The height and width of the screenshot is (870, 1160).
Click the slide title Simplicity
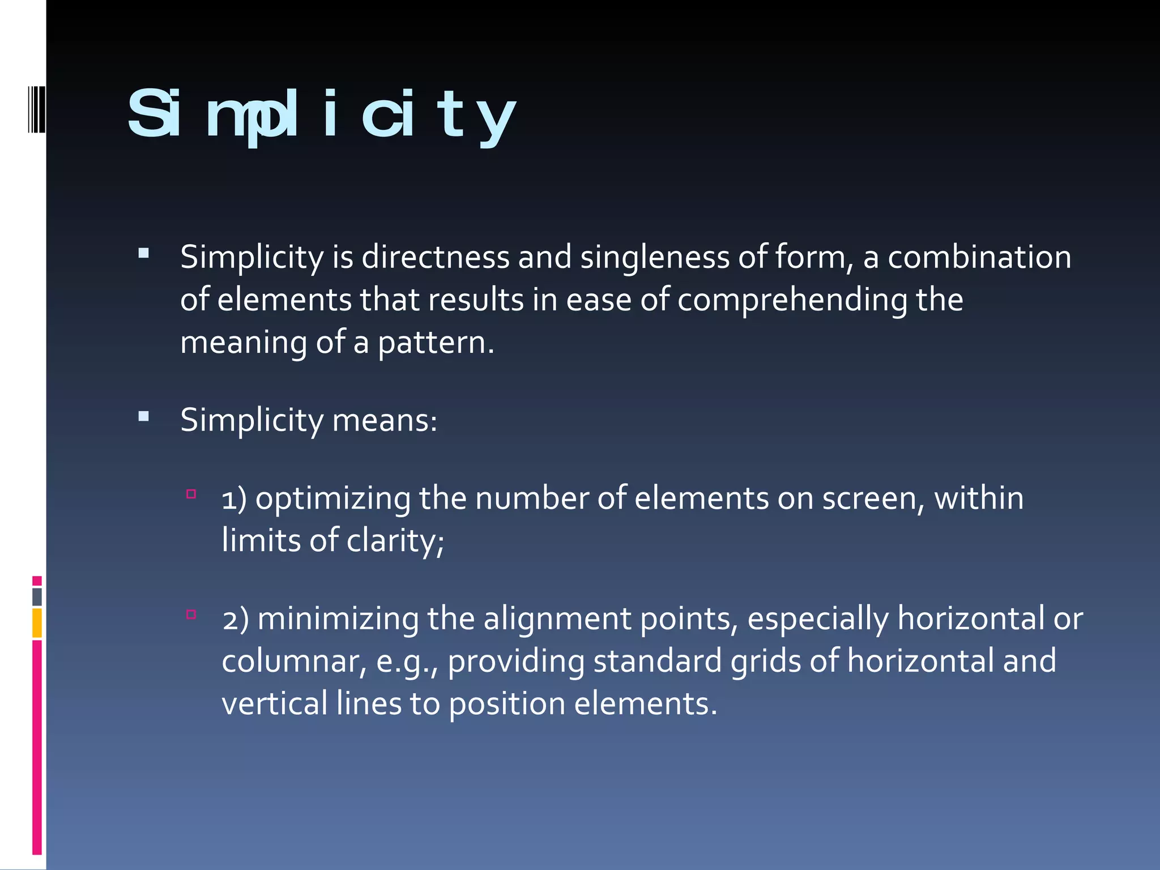321,115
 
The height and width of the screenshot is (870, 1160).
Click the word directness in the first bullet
436,257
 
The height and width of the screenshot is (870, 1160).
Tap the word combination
979,257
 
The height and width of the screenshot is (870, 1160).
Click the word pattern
436,343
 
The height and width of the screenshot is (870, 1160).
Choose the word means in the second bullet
385,420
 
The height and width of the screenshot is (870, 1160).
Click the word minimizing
338,619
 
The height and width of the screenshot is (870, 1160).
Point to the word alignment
557,619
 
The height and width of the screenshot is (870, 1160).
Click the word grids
765,662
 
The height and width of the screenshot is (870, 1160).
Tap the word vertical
275,704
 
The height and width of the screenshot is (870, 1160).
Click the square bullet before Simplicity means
144,417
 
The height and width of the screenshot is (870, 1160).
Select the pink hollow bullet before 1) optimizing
191,494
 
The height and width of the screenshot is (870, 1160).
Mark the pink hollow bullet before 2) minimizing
191,614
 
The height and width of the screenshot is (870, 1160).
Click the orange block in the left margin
37,622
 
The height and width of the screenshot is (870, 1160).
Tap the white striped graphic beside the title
36,109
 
